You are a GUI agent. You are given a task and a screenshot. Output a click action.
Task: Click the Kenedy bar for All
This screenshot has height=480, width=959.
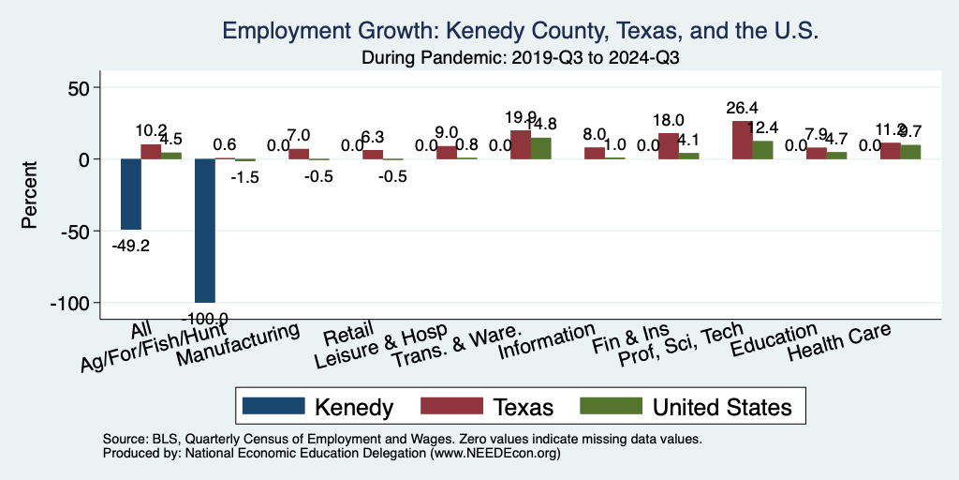130,194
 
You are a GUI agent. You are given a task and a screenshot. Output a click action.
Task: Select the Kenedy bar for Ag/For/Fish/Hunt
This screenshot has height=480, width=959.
204,231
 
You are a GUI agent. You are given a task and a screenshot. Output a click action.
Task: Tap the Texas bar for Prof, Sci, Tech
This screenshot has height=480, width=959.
742,140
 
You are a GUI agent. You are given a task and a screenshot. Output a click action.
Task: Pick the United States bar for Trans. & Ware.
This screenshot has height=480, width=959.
540,148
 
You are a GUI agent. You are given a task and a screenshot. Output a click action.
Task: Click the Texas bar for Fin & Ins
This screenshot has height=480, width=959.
668,146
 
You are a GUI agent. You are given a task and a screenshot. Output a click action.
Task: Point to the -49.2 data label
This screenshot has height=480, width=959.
130,245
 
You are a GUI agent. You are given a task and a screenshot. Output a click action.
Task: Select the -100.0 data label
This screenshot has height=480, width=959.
204,319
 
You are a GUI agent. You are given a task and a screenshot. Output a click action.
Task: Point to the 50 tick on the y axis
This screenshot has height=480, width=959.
69,88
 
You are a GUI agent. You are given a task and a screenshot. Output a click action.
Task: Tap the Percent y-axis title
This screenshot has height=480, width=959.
30,196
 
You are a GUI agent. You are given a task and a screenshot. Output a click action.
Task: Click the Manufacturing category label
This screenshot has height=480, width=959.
240,347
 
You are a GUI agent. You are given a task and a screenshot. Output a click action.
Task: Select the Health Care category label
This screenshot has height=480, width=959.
839,343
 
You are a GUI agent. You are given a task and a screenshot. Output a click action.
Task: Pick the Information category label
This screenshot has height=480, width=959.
547,343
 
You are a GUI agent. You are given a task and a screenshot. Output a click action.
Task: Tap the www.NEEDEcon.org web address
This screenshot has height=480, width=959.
494,453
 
